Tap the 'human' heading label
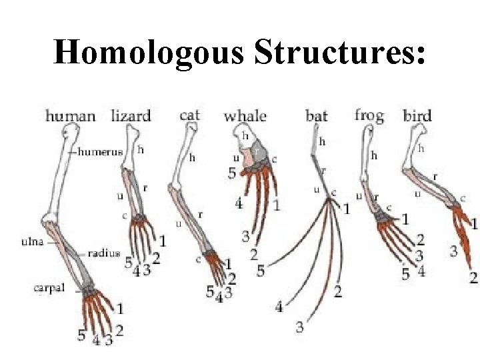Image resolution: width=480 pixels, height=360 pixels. coord(70,116)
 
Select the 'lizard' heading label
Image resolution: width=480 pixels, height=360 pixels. coord(131,115)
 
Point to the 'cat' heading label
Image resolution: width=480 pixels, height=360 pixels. coord(190,115)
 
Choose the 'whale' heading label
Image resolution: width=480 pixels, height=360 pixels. coord(245,115)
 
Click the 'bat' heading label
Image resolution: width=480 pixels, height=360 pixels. coord(317,116)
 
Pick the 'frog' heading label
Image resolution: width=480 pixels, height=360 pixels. coord(369,115)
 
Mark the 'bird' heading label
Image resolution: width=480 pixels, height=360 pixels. coord(417,115)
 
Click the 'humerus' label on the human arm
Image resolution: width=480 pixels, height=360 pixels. coord(101,151)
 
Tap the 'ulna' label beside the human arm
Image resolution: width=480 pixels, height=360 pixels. coord(31,241)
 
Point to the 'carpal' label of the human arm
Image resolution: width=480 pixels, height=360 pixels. coord(49,288)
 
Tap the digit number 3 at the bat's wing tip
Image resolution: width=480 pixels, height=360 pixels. coord(300,327)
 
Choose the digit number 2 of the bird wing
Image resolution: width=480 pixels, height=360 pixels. coord(473,277)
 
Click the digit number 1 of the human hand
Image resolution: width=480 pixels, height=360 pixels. coord(119,308)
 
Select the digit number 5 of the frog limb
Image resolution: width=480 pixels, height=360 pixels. coord(405,273)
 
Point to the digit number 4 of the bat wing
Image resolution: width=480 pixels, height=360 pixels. coord(279,307)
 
